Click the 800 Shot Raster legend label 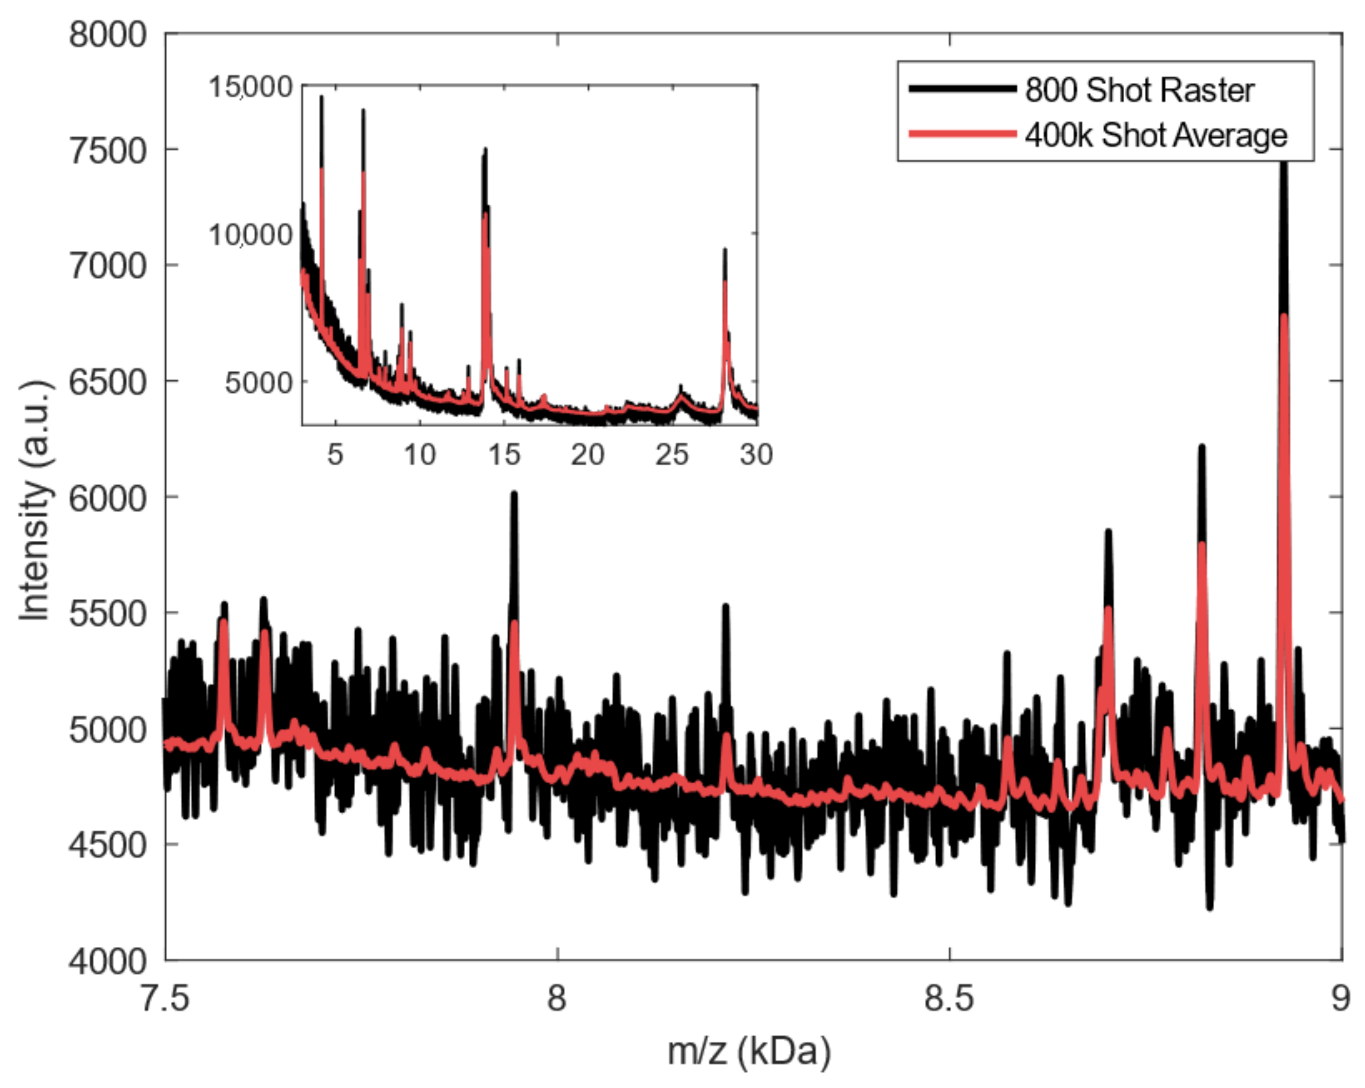(1139, 90)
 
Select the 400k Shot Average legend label (1156, 136)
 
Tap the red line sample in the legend (962, 134)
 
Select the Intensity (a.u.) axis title (35, 500)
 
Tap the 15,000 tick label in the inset (251, 87)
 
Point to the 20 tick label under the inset (587, 455)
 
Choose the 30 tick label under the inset (757, 455)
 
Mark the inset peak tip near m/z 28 (725, 250)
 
